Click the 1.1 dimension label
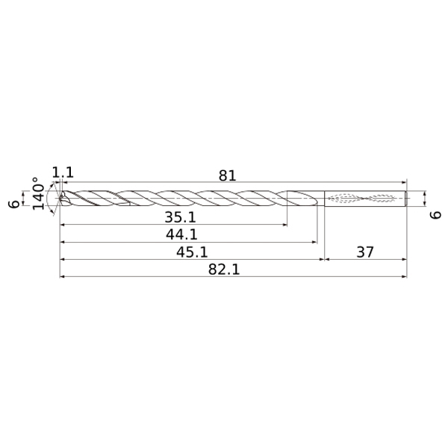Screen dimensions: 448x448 pos(63,172)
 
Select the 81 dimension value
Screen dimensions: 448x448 pos(228,175)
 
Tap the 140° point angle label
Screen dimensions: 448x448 pos(39,193)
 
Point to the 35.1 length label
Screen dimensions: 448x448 pos(180,217)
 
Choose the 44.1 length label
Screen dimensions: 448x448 pos(181,235)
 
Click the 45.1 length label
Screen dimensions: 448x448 pos(192,252)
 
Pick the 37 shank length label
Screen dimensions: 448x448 pos(365,252)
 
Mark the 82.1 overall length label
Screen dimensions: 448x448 pos(224,270)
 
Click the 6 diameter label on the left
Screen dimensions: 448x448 pos(14,204)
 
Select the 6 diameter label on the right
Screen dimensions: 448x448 pos(435,215)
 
